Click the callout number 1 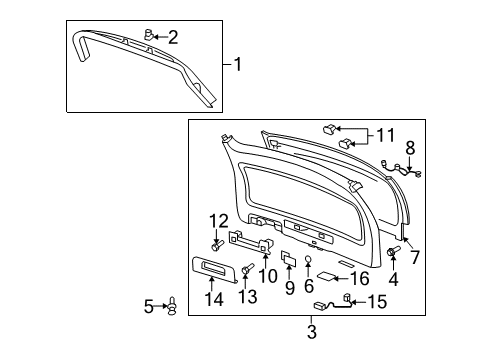point(238,66)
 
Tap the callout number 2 point(173,38)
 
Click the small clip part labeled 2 point(149,37)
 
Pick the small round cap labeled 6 point(309,262)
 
